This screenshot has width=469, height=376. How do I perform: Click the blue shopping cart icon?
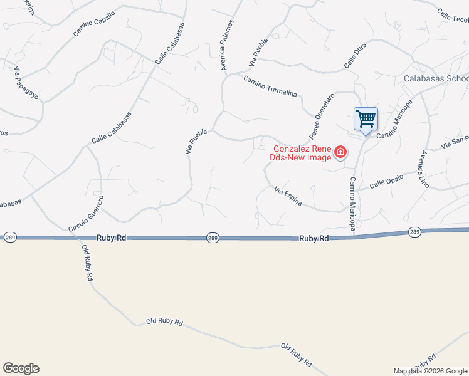(366, 118)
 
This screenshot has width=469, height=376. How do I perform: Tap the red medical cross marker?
(340, 152)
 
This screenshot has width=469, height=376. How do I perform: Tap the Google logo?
(21, 368)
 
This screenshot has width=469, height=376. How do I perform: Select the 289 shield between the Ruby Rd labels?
(213, 238)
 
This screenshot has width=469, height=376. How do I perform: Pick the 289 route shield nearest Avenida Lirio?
(414, 232)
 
